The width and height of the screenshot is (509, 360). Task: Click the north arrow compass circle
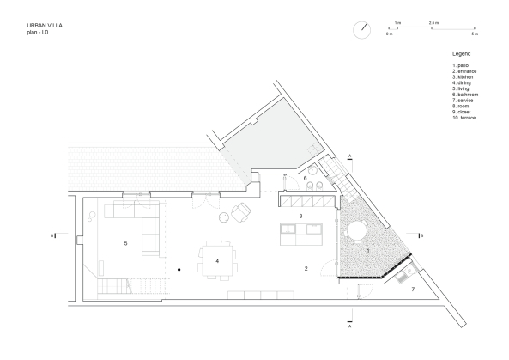tap(361, 27)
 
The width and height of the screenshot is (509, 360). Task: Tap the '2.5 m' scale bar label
tap(433, 21)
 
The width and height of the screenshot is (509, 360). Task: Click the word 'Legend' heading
tap(461, 53)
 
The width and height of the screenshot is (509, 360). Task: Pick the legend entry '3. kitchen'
tap(463, 76)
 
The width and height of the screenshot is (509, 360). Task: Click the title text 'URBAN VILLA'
tap(44, 26)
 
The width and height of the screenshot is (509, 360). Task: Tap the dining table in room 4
tap(217, 260)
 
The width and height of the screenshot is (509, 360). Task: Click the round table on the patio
tap(354, 230)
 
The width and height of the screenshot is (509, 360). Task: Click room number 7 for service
tap(412, 290)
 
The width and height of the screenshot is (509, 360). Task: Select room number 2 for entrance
tap(306, 269)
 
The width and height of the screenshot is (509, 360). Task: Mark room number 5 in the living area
tap(125, 244)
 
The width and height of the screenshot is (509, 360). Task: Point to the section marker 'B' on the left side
tap(53, 234)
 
